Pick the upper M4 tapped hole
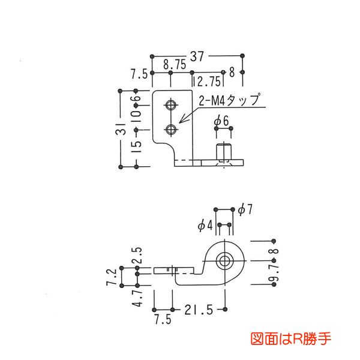[x=172, y=106]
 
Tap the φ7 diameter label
[x=245, y=209]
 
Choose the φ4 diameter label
[x=205, y=225]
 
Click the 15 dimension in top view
[x=137, y=148]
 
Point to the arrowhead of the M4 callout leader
[x=180, y=122]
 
